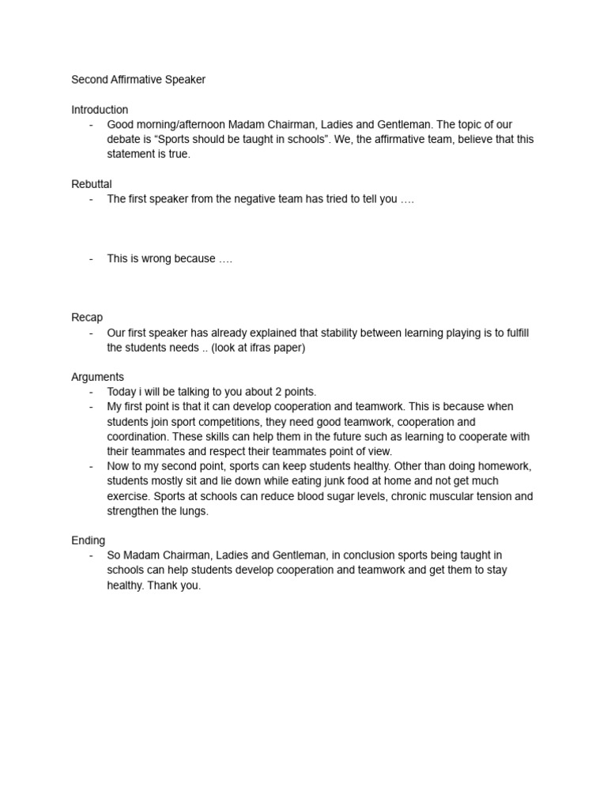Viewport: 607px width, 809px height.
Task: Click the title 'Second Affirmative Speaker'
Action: (x=138, y=80)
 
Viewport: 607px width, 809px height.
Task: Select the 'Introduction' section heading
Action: (x=100, y=110)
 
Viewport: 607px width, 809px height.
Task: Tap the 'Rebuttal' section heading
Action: (x=92, y=184)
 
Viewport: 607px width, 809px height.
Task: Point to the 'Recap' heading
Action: (x=87, y=318)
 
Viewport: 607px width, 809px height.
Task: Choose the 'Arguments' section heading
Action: (x=97, y=377)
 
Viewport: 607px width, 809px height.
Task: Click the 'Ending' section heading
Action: (x=88, y=540)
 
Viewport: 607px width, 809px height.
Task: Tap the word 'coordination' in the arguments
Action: (x=137, y=437)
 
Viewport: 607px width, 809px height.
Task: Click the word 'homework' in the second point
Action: (x=505, y=466)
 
